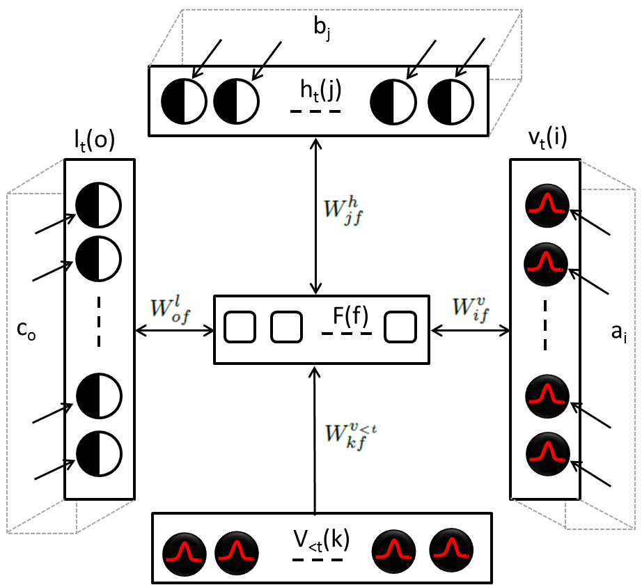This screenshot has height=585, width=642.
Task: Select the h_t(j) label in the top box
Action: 315,90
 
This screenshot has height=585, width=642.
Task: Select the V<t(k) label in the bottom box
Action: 320,538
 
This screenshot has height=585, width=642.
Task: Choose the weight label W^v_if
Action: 472,308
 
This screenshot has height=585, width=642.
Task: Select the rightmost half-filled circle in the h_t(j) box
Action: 450,102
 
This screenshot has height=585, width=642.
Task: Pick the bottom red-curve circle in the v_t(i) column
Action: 547,454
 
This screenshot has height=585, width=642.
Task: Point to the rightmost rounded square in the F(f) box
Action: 400,327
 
